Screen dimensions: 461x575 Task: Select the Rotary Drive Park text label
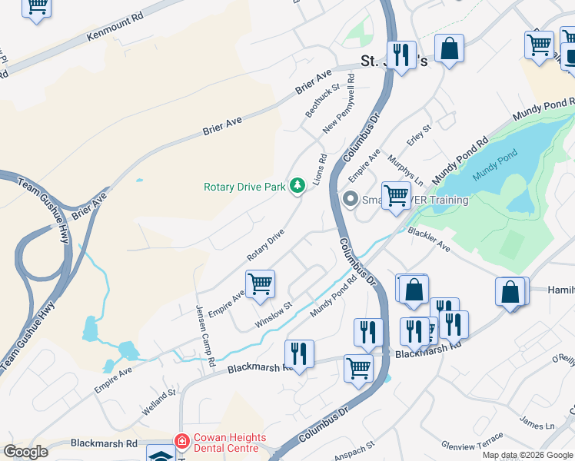click(244, 187)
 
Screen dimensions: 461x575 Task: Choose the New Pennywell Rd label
click(340, 104)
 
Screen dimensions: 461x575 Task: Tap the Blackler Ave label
click(429, 239)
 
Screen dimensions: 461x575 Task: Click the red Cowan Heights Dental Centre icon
click(181, 442)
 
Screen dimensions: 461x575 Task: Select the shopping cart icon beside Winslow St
click(260, 284)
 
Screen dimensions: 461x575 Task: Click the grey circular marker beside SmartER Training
click(351, 200)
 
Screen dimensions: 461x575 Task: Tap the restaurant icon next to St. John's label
click(401, 55)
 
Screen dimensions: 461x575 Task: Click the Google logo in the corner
click(25, 452)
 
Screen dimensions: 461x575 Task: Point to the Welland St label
click(158, 403)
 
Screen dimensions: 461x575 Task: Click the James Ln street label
click(537, 422)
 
